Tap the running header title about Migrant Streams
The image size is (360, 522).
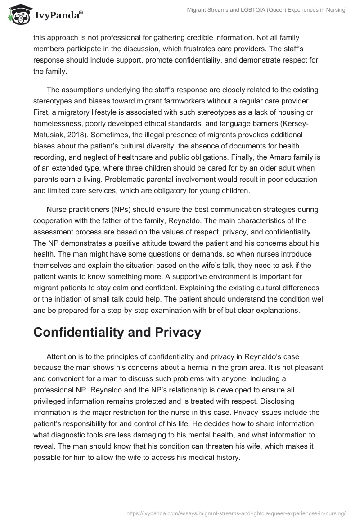(x=266, y=10)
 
